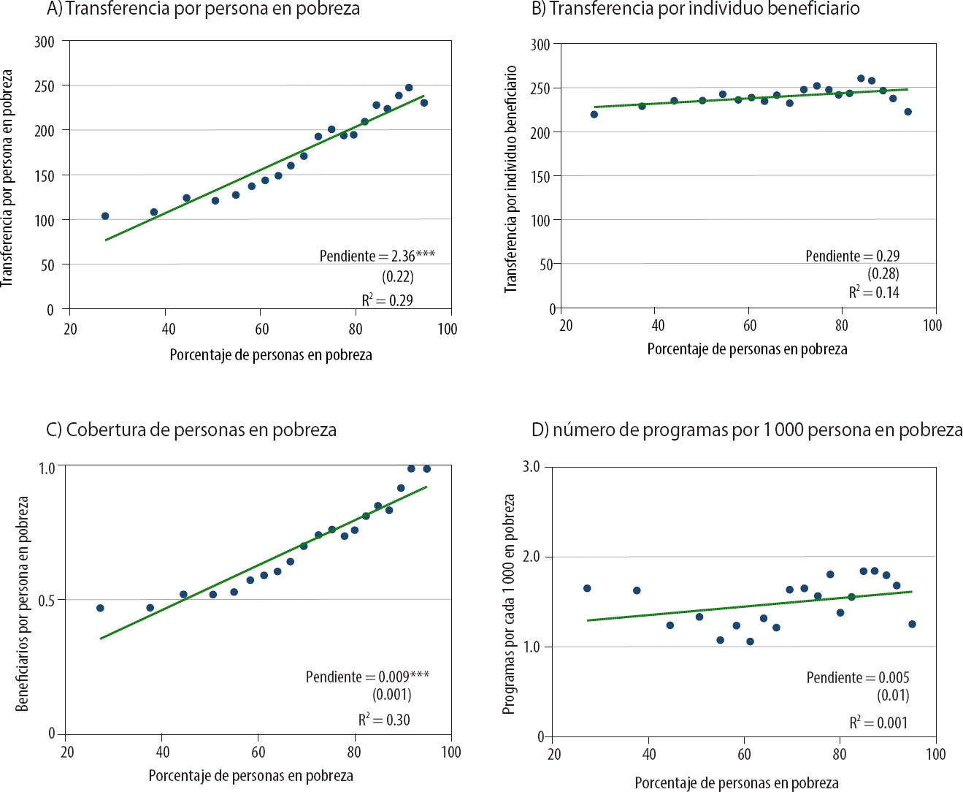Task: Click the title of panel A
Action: point(203,9)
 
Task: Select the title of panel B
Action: point(695,9)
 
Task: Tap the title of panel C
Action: point(191,430)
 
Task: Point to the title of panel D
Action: point(747,430)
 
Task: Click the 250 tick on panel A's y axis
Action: point(45,86)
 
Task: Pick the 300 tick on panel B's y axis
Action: point(540,45)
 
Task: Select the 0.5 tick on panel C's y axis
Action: point(47,601)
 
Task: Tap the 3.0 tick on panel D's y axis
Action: point(531,467)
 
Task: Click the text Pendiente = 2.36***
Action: point(377,256)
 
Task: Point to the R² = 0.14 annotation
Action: point(874,292)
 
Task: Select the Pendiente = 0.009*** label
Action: point(367,677)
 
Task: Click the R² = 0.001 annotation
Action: point(878,723)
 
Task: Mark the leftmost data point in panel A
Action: point(105,216)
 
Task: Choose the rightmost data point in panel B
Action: point(908,112)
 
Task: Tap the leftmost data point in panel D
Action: point(587,588)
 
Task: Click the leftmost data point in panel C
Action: point(100,608)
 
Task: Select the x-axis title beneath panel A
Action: point(271,355)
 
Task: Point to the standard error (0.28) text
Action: point(883,274)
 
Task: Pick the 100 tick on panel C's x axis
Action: point(451,752)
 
